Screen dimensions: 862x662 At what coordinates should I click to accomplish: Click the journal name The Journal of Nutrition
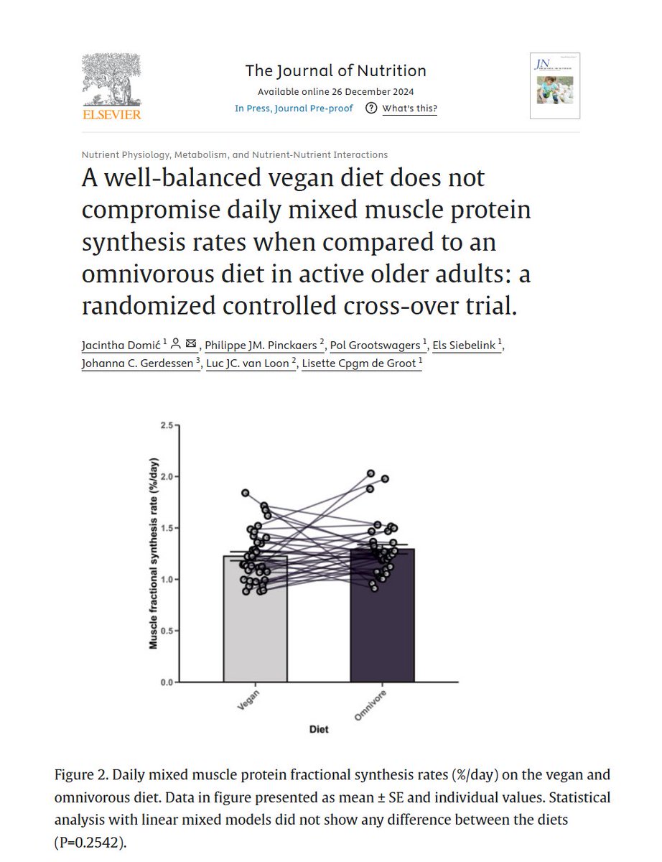[x=335, y=70]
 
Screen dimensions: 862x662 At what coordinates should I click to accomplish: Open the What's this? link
[x=409, y=108]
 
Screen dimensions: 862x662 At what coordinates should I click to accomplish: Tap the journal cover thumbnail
[x=554, y=85]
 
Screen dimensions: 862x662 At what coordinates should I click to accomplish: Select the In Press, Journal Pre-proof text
[x=294, y=108]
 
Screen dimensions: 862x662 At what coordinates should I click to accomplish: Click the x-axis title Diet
[x=319, y=729]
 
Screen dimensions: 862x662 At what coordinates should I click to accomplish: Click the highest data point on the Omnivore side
[x=371, y=473]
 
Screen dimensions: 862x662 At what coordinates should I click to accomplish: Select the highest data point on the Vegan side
[x=246, y=493]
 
